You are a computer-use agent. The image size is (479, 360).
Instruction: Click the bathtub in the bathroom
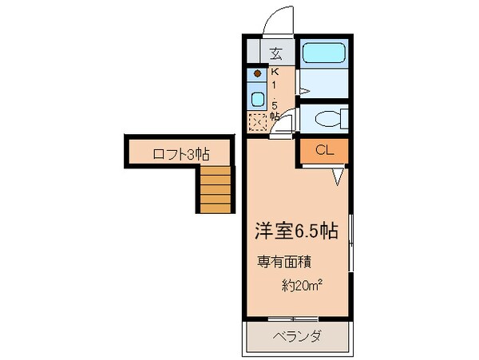323,56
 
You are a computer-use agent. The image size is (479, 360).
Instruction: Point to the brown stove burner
258,73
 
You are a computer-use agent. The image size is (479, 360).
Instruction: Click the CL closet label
324,150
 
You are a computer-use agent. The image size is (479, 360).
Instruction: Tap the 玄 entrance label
275,54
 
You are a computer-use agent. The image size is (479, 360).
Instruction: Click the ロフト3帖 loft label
180,154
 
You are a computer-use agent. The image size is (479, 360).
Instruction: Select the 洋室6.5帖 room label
296,231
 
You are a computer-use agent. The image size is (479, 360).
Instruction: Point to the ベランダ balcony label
296,335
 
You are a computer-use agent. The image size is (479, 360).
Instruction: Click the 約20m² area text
303,284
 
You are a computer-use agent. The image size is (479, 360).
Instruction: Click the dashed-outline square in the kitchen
258,123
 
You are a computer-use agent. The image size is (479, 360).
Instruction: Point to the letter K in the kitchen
274,72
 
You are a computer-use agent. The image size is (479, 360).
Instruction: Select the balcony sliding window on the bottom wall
295,319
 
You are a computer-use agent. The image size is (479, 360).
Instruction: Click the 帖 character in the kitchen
275,117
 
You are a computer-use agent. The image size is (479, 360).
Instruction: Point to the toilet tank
343,120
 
